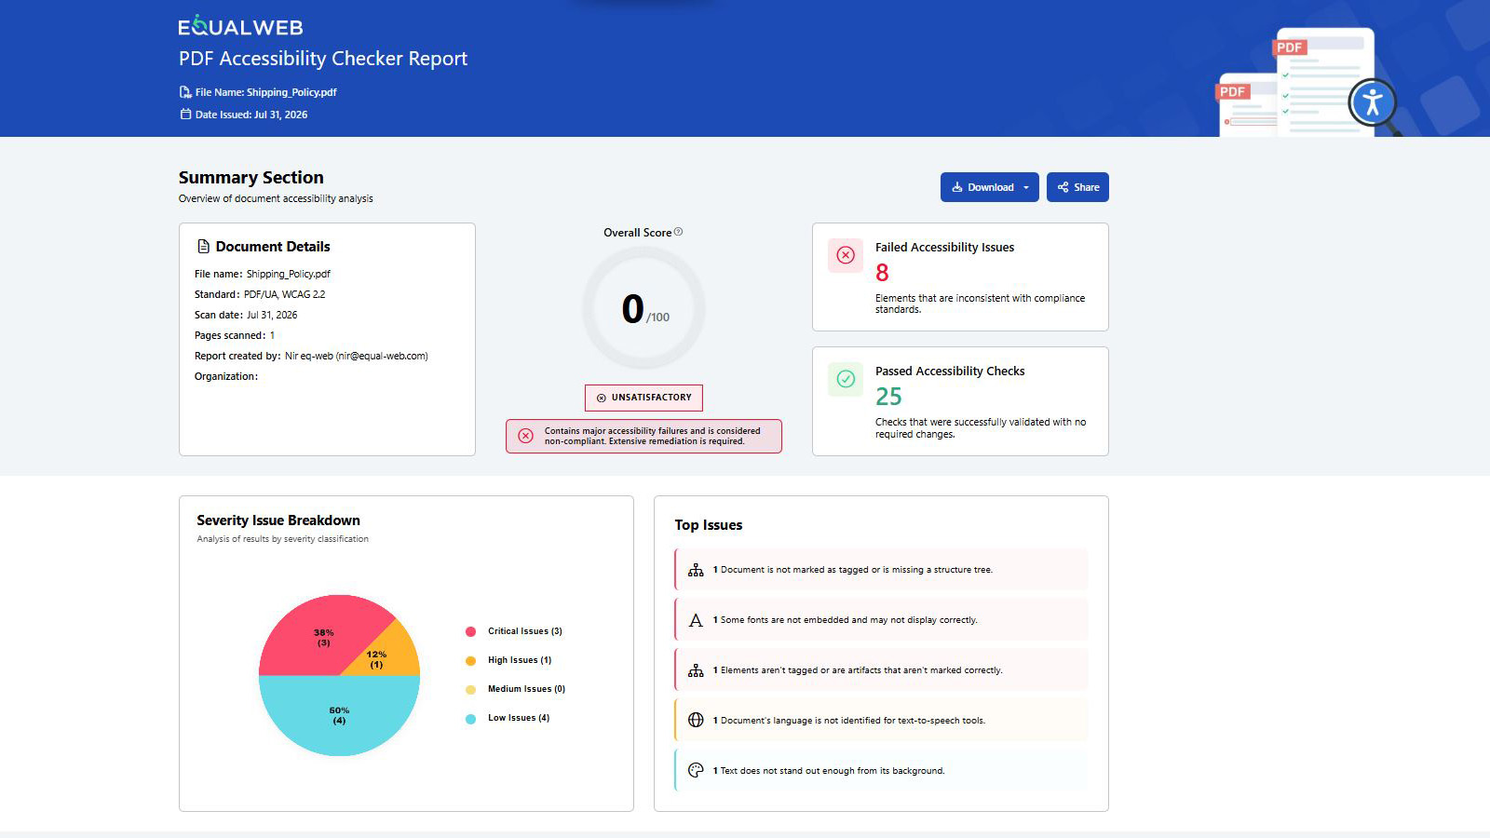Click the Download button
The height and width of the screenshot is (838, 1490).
(x=989, y=187)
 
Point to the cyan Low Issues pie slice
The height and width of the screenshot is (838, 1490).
(x=339, y=715)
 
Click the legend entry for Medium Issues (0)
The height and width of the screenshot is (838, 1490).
(x=516, y=689)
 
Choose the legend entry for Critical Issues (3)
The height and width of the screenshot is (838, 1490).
(x=514, y=631)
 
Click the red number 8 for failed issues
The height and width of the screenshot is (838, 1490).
(x=882, y=273)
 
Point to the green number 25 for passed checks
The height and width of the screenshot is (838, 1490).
(x=888, y=397)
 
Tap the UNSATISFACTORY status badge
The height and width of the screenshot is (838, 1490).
(x=643, y=398)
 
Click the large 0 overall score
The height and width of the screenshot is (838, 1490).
(x=632, y=308)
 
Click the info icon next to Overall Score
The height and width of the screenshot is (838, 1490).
(x=679, y=232)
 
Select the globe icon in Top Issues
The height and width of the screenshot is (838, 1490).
(x=696, y=720)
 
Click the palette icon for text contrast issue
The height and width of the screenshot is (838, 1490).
(x=696, y=770)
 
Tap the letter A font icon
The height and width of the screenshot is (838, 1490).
(x=696, y=620)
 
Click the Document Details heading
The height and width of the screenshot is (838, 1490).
(x=273, y=247)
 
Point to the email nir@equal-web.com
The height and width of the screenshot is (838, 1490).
(x=382, y=356)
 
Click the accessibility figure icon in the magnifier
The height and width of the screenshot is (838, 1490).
(x=1373, y=102)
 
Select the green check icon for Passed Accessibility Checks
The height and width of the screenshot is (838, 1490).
(x=846, y=379)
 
